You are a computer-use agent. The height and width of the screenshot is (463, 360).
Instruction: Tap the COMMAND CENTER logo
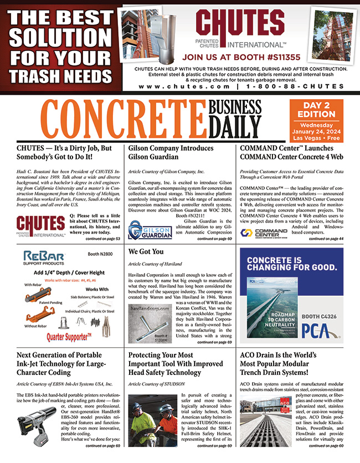264,232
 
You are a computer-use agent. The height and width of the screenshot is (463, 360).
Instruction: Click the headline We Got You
146,251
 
